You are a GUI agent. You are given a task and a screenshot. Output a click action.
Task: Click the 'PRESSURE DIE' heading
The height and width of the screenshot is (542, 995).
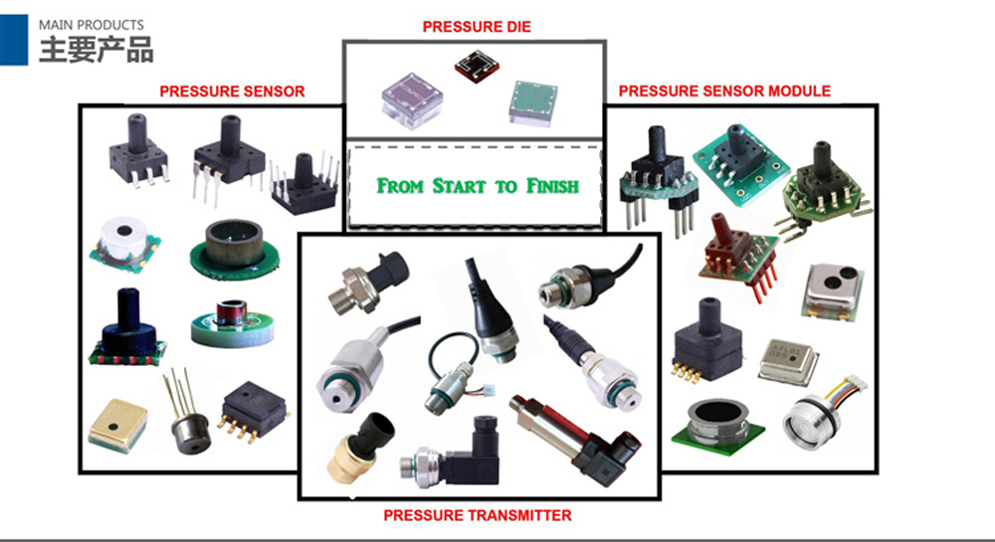[x=477, y=27]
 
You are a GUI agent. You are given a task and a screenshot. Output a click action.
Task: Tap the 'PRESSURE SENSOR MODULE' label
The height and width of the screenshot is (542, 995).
[x=724, y=90]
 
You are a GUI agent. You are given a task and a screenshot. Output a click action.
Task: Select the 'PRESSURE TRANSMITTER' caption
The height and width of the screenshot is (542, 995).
[x=478, y=515]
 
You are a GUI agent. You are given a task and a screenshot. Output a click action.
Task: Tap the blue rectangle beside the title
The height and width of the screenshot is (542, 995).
[x=13, y=40]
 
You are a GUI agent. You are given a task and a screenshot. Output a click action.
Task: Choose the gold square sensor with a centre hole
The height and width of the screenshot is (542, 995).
[x=116, y=425]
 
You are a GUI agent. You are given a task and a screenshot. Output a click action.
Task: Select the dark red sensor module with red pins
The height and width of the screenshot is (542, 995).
[x=734, y=253]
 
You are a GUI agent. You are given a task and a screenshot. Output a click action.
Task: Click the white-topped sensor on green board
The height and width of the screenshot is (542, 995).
[x=122, y=244]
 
